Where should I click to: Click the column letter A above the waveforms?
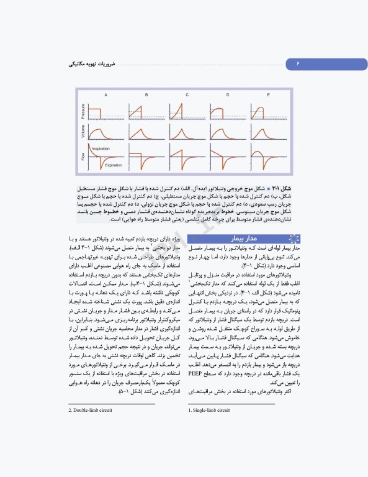point(105,95)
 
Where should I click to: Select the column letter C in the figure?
point(187,95)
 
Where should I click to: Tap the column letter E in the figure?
point(268,95)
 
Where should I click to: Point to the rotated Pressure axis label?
point(83,112)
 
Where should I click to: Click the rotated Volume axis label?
point(83,132)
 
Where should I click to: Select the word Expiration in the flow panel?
point(114,165)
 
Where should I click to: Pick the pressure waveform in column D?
point(228,112)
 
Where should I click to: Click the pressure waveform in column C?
point(187,112)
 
